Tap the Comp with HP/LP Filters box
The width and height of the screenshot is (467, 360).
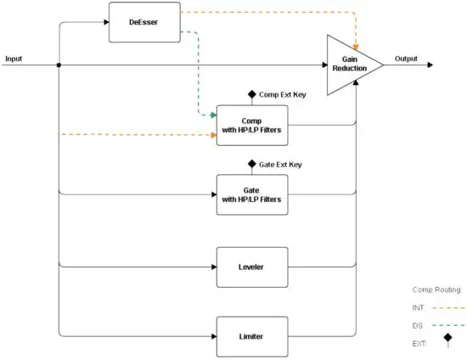[252, 124]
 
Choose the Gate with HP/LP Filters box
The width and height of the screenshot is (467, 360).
[252, 194]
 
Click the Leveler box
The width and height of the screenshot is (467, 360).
[252, 266]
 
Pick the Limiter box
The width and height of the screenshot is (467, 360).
[252, 335]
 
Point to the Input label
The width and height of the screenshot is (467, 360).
[14, 59]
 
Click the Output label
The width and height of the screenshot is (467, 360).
[406, 59]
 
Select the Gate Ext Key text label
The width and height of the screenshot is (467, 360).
[280, 164]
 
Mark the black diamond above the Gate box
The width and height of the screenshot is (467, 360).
[252, 164]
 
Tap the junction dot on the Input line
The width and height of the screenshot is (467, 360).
[58, 65]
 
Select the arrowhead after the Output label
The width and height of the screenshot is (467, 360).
[432, 65]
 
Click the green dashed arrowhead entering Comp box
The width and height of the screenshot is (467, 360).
[212, 114]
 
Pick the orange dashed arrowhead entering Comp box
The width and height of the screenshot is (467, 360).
[212, 134]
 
